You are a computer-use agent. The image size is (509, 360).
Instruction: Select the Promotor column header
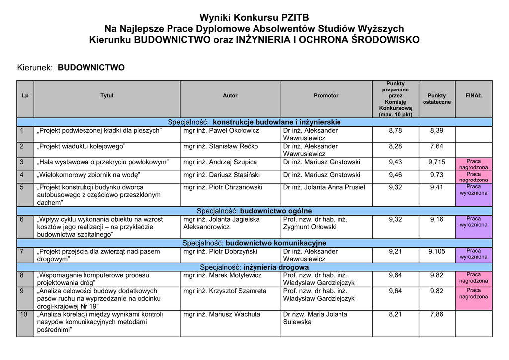pos(326,96)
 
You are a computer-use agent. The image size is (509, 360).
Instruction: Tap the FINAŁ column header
pos(473,96)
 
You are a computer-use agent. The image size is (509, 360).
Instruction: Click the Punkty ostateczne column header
pos(437,99)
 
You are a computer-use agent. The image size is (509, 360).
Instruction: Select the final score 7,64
pos(436,147)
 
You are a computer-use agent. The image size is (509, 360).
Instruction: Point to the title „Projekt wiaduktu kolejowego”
pos(82,147)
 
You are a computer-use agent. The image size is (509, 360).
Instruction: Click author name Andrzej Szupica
pos(220,162)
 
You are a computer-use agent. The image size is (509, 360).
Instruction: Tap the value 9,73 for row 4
pos(436,175)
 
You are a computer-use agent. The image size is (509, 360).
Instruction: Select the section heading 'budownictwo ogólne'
pos(276,211)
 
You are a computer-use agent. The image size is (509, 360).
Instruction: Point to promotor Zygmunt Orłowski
pos(310,227)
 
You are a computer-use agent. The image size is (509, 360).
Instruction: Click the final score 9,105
pos(436,252)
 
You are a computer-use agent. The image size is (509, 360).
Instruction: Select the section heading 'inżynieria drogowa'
pos(276,267)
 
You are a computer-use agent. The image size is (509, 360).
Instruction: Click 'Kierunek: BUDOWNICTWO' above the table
pos(71,68)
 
